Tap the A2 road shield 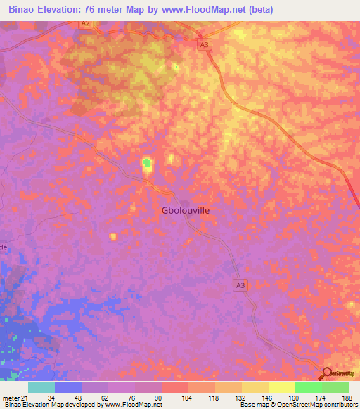coord(85,23)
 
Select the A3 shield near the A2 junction coord(204,44)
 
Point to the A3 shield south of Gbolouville coord(241,285)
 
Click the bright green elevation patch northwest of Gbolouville coord(147,164)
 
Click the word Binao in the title coord(25,10)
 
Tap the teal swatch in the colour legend coord(41,387)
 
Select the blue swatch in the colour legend coord(68,387)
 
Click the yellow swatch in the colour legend coord(282,387)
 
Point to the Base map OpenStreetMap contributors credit coord(298,405)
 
